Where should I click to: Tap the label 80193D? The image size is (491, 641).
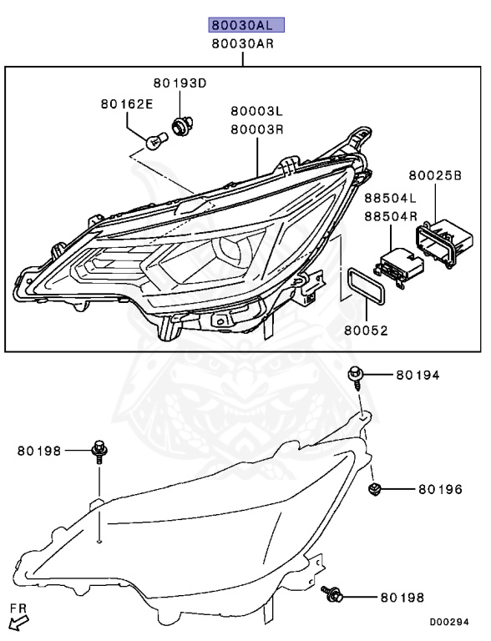pyautogui.click(x=179, y=83)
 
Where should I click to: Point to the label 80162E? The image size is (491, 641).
pyautogui.click(x=127, y=104)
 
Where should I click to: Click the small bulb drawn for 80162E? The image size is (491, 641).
pyautogui.click(x=152, y=143)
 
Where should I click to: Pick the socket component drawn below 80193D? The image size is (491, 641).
pyautogui.click(x=179, y=126)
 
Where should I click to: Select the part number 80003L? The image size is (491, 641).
pyautogui.click(x=257, y=110)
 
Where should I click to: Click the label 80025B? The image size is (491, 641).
pyautogui.click(x=434, y=176)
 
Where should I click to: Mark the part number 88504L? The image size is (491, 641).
pyautogui.click(x=390, y=199)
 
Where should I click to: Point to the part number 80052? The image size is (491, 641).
pyautogui.click(x=366, y=331)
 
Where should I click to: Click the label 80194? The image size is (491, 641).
pyautogui.click(x=418, y=376)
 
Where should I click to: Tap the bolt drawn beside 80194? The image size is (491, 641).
pyautogui.click(x=357, y=376)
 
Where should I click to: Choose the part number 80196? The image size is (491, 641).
pyautogui.click(x=440, y=489)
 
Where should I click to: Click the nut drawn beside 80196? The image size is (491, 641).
pyautogui.click(x=376, y=487)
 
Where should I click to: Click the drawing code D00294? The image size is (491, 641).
pyautogui.click(x=455, y=622)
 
